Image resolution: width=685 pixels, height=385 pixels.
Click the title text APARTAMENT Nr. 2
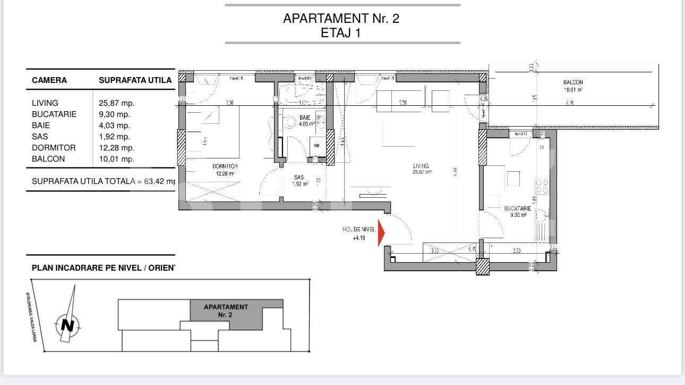point(341,19)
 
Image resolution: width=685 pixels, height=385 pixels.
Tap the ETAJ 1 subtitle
point(341,33)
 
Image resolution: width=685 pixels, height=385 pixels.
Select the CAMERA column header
point(49,80)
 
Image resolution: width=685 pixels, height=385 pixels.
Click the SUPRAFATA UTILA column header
point(135,80)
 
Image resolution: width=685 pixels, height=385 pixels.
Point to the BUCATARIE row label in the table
point(54,114)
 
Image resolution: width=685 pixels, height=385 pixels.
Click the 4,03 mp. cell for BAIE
point(114,125)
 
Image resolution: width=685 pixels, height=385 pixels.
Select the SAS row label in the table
point(40,137)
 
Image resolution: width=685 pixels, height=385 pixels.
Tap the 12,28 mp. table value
point(116,148)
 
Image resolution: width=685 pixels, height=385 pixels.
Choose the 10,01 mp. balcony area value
point(116,159)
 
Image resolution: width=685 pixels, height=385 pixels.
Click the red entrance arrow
point(381,233)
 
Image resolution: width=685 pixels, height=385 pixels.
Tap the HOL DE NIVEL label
point(359,230)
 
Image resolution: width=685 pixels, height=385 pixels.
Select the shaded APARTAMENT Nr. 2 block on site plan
point(226,311)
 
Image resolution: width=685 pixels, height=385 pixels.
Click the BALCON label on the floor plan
point(573,82)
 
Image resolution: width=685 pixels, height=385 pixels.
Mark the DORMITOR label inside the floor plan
point(225,166)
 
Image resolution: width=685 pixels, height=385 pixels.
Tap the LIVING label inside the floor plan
point(421,166)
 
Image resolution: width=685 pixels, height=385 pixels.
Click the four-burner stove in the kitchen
point(542,186)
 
